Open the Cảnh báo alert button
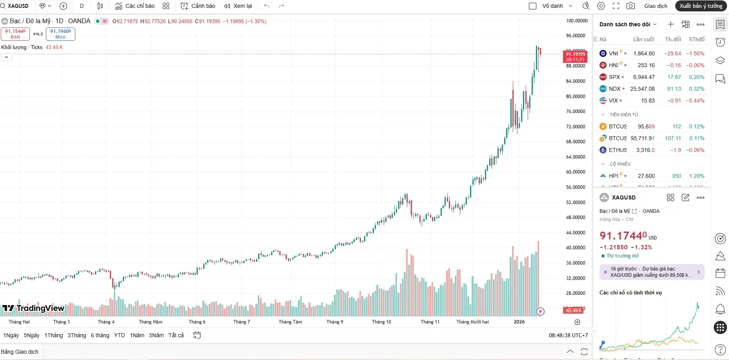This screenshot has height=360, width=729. tap(198, 6)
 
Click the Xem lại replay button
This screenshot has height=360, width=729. tap(238, 6)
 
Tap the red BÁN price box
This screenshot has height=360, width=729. tap(15, 34)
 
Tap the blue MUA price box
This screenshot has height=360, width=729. tap(60, 34)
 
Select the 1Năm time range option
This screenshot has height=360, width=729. tap(137, 335)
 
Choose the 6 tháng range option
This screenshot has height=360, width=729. tap(100, 335)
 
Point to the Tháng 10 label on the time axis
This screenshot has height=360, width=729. tap(381, 322)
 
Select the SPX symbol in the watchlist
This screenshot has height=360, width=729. tap(614, 77)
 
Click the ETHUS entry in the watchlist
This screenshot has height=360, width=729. tap(618, 150)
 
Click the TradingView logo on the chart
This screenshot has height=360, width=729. tap(33, 308)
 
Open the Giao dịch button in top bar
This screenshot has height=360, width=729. tap(656, 6)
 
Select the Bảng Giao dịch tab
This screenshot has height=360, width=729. tap(20, 352)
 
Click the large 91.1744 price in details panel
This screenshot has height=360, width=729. tap(623, 236)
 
